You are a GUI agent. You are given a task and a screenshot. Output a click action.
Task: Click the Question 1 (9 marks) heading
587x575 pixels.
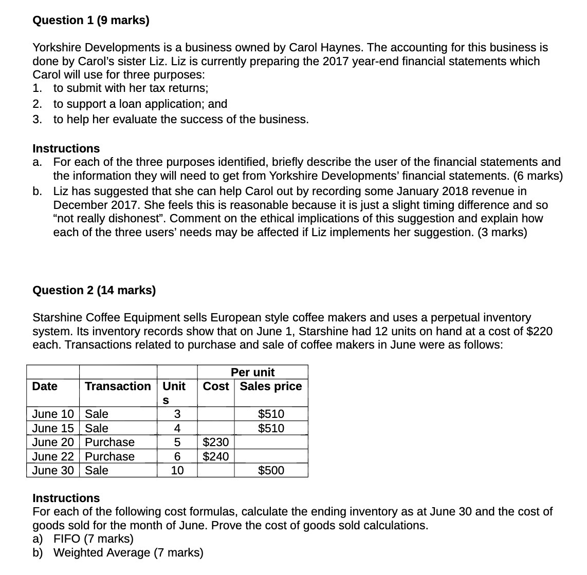(x=91, y=21)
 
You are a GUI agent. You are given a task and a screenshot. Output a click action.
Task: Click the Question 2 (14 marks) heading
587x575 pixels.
(x=94, y=291)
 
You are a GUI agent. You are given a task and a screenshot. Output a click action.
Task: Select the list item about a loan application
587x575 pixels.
(x=140, y=104)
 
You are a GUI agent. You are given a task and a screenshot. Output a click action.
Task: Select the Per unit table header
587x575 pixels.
(x=252, y=372)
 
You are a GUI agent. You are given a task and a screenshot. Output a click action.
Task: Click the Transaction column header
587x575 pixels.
(x=118, y=387)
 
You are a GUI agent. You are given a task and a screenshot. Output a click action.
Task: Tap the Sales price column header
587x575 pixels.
(x=271, y=387)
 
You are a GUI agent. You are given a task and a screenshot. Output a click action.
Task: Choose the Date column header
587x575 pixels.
(x=45, y=387)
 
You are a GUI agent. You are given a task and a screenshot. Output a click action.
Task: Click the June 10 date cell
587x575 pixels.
(x=52, y=414)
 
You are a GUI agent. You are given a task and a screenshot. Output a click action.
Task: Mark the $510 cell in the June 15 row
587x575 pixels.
(x=271, y=429)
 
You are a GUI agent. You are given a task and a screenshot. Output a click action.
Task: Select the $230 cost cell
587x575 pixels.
(x=216, y=443)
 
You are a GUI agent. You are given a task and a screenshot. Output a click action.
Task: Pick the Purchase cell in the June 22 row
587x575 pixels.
(x=109, y=457)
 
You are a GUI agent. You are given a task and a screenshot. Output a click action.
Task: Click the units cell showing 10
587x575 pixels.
(x=177, y=471)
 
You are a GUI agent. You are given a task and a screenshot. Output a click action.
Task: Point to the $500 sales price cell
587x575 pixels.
(x=271, y=471)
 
